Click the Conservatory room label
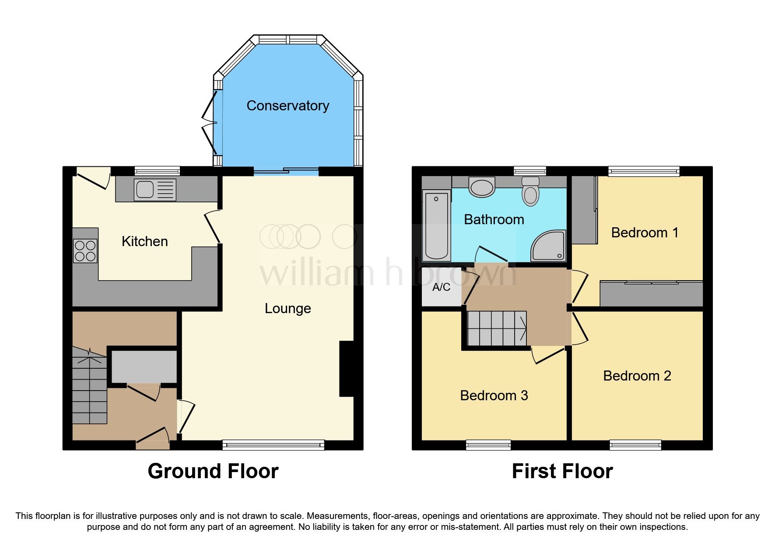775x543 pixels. click(x=288, y=106)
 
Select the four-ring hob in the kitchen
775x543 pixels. click(x=85, y=251)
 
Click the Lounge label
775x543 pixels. click(x=288, y=308)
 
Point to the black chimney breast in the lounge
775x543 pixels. click(x=347, y=369)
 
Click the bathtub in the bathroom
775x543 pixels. click(x=436, y=226)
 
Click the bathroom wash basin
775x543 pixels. click(x=481, y=187)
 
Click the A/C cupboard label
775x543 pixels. click(x=441, y=287)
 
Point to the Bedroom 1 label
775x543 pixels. click(x=644, y=233)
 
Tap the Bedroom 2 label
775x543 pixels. click(x=637, y=376)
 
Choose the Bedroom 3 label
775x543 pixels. click(x=494, y=395)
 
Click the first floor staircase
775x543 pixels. click(x=497, y=328)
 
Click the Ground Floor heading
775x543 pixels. click(x=213, y=471)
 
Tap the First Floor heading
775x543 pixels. click(x=562, y=471)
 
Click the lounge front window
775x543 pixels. click(x=274, y=445)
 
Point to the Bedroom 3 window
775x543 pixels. click(x=488, y=445)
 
